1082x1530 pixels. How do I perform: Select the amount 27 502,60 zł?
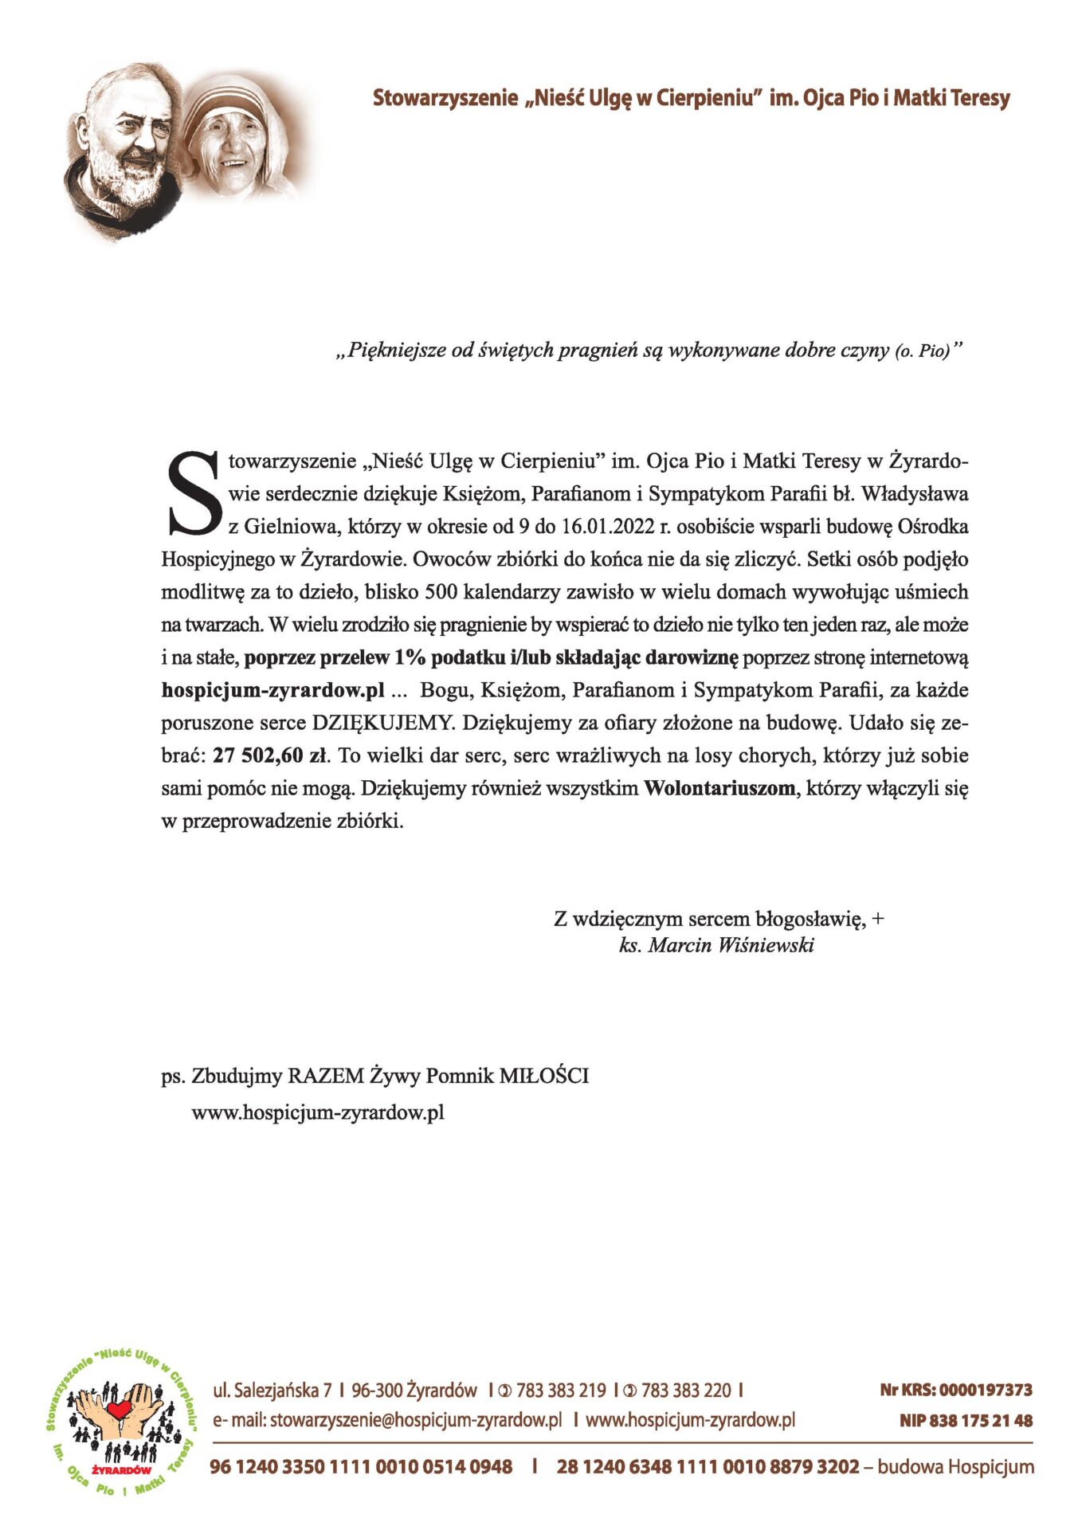(271, 755)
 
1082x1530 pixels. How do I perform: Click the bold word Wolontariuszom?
(719, 788)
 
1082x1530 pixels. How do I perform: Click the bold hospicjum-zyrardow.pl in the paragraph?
(272, 690)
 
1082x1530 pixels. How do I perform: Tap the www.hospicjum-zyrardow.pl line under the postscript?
(317, 1112)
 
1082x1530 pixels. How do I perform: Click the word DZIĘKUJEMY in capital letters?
(382, 723)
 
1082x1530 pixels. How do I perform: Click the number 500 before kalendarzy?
(441, 592)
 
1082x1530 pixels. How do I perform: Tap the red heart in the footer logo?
(120, 1409)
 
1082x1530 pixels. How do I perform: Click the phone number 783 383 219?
(561, 1391)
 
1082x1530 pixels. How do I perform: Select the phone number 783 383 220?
(685, 1391)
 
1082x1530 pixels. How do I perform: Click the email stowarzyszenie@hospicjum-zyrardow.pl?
(416, 1419)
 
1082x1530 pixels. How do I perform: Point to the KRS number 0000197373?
(986, 1390)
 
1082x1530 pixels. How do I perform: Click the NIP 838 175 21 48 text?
(966, 1420)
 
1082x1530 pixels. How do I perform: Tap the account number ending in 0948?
(361, 1466)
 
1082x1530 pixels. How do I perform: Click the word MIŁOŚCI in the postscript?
(544, 1076)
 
